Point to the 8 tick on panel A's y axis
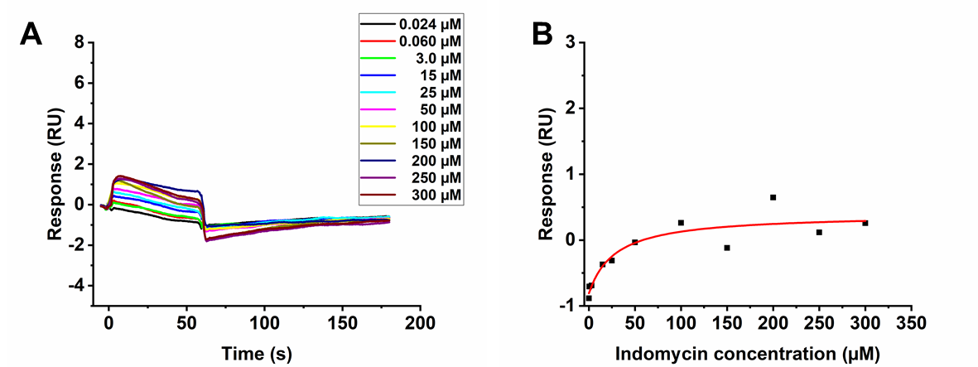click(80, 41)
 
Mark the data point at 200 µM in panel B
click(773, 197)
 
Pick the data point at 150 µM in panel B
click(726, 248)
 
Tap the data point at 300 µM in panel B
click(865, 223)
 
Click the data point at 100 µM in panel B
click(681, 223)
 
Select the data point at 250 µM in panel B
click(819, 232)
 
